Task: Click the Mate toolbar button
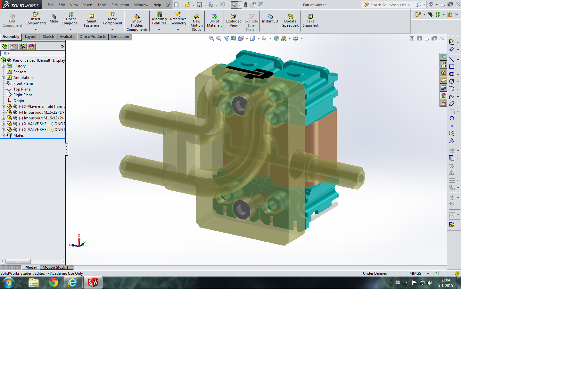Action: coord(54,19)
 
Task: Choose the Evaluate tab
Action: coord(67,37)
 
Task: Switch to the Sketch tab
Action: coord(48,37)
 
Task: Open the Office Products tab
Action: coord(93,37)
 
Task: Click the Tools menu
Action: coord(102,5)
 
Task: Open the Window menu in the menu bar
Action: coord(141,5)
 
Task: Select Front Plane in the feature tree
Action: coord(23,83)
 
